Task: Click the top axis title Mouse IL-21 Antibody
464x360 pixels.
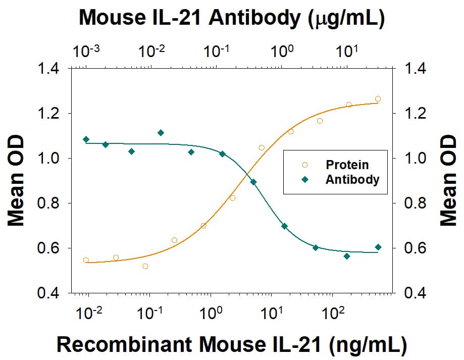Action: click(232, 18)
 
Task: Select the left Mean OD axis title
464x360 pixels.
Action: click(17, 180)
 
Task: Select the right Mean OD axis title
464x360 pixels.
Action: click(448, 180)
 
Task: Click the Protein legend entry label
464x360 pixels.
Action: click(347, 165)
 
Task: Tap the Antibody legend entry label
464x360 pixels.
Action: click(352, 179)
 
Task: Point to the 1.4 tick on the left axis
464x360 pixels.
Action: click(50, 69)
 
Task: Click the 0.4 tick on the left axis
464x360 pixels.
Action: click(50, 293)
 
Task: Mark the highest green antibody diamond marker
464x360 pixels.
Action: click(161, 133)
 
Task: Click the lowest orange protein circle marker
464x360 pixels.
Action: click(145, 266)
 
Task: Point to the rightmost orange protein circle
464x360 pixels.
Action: click(378, 99)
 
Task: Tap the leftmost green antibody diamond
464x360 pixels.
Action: click(86, 139)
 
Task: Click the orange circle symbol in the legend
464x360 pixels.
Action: click(304, 165)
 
